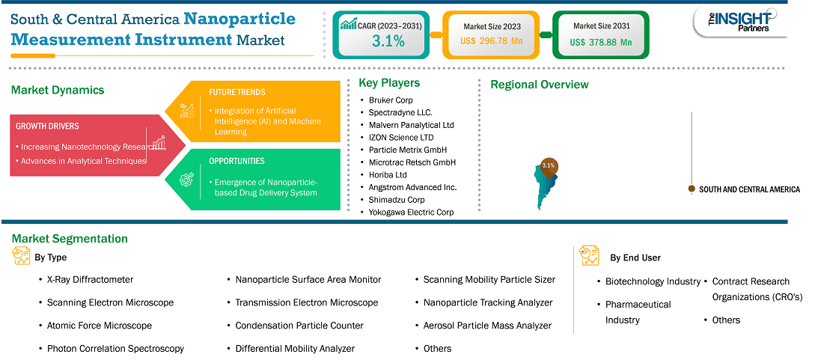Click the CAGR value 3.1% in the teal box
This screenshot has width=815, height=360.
(x=388, y=41)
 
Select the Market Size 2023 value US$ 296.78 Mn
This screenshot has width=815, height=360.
(x=491, y=41)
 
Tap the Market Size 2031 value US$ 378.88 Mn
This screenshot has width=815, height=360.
(x=601, y=42)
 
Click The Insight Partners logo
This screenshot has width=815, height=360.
(x=741, y=22)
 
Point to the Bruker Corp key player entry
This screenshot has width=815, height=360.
(x=391, y=100)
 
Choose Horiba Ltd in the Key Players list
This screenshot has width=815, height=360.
(x=388, y=174)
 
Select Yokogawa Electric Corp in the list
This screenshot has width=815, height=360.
(x=411, y=212)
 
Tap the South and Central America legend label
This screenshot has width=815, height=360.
(x=749, y=189)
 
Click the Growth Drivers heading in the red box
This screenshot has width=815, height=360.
(x=47, y=126)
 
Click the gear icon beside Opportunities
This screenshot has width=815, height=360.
(x=186, y=180)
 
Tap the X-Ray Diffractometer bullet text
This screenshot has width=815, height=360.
(x=90, y=279)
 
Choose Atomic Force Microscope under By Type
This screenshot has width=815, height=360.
(x=100, y=325)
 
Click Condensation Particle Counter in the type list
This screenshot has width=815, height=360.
(x=299, y=325)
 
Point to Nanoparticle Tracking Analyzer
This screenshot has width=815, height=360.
(x=488, y=302)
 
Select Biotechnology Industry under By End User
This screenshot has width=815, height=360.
(x=653, y=281)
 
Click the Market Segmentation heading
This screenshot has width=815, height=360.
(x=70, y=239)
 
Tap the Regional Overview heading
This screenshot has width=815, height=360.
(x=540, y=84)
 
